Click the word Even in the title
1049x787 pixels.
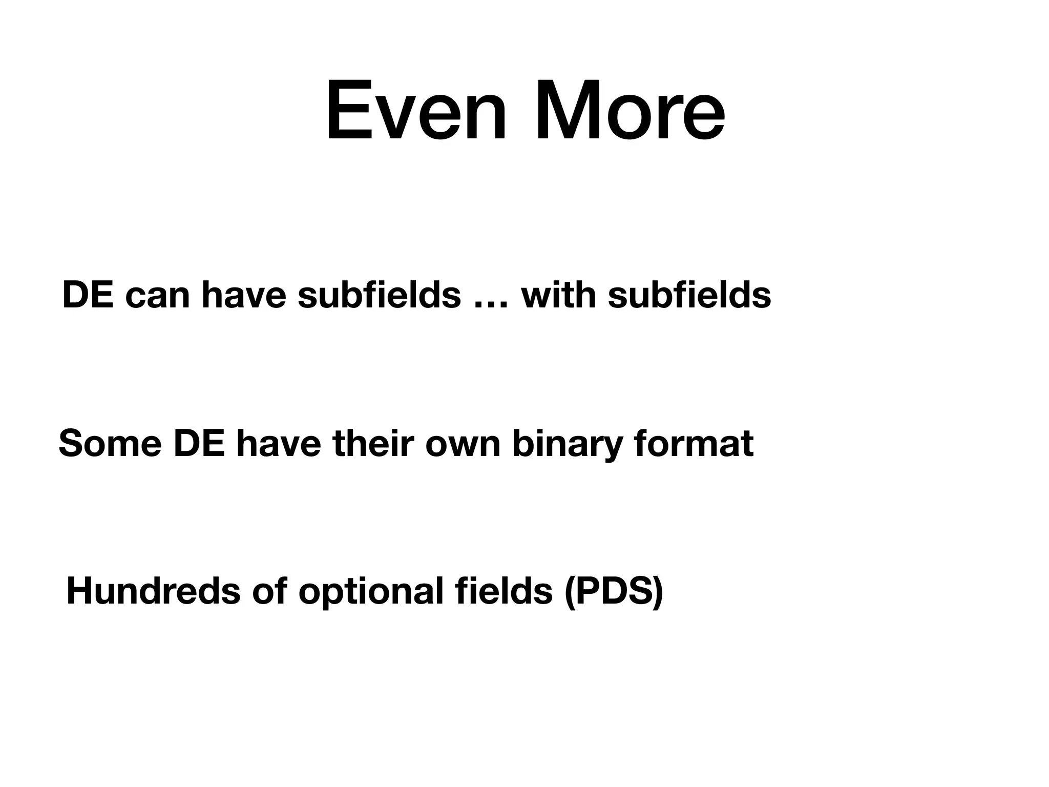pyautogui.click(x=416, y=110)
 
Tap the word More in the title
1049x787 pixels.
pyautogui.click(x=630, y=110)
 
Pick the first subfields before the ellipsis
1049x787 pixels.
pyautogui.click(x=379, y=296)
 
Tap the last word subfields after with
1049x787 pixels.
pyautogui.click(x=689, y=296)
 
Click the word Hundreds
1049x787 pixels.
pyautogui.click(x=153, y=592)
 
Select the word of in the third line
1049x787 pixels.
pyautogui.click(x=269, y=592)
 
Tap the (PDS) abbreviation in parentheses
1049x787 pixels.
pyautogui.click(x=613, y=592)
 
